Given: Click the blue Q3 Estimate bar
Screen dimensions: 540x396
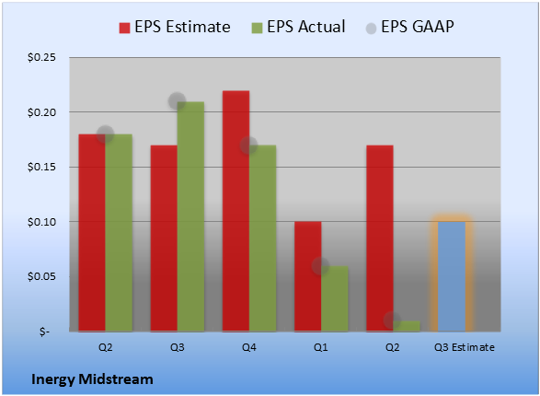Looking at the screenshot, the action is [x=452, y=276].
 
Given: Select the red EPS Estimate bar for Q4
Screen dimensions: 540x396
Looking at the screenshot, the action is [x=236, y=211].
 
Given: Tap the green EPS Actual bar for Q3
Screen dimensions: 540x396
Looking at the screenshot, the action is [x=190, y=216].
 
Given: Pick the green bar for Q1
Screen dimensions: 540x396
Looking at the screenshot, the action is [x=335, y=298].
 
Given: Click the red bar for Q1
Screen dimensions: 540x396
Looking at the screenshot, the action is [x=308, y=276].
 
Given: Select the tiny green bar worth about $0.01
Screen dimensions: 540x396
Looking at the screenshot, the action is [x=407, y=326].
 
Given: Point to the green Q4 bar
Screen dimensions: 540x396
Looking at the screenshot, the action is [x=263, y=239].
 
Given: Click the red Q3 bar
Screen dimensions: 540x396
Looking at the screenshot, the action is [x=164, y=239].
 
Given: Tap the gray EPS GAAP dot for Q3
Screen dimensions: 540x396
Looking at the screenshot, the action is [x=177, y=101].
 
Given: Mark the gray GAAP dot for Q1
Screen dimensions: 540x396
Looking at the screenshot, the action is [x=321, y=266].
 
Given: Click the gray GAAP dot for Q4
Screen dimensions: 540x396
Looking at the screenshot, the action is [x=248, y=146].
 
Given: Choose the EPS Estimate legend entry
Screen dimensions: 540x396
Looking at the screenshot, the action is [x=175, y=27].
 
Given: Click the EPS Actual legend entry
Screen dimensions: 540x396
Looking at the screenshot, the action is [x=299, y=27].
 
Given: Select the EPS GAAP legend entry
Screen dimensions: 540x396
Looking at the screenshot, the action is [x=409, y=27].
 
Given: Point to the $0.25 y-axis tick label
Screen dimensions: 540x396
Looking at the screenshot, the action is [x=41, y=57].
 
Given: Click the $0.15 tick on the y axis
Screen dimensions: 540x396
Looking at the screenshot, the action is [x=41, y=168].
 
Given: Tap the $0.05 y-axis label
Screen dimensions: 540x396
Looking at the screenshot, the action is [x=41, y=277].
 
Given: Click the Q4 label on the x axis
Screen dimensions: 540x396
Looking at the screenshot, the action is [x=249, y=347].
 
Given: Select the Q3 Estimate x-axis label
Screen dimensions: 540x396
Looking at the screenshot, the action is [x=465, y=347].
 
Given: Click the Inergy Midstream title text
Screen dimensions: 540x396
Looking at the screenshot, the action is [x=92, y=379].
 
